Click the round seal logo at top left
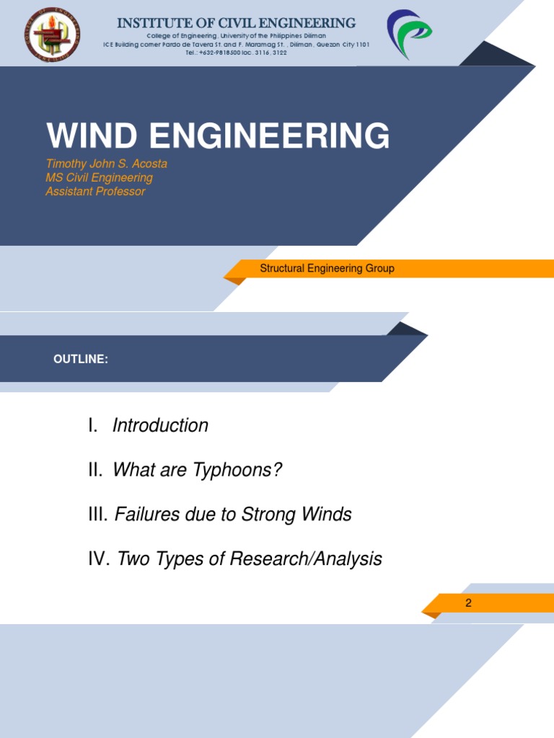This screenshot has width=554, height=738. point(53,34)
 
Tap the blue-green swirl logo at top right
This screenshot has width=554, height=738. point(409,34)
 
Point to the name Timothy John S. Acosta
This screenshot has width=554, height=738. point(106,164)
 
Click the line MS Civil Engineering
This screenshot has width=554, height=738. point(99,177)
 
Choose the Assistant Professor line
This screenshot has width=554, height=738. point(95,192)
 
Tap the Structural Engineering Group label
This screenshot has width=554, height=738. point(327,269)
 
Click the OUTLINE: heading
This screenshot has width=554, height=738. point(81,359)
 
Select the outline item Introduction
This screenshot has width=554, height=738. point(160,426)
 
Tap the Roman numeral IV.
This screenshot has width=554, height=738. point(98,559)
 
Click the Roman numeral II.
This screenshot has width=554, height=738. point(96,471)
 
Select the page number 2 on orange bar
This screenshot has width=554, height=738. point(468,603)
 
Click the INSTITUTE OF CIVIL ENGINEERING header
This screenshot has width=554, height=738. point(236,23)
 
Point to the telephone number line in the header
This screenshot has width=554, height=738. point(236,53)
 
